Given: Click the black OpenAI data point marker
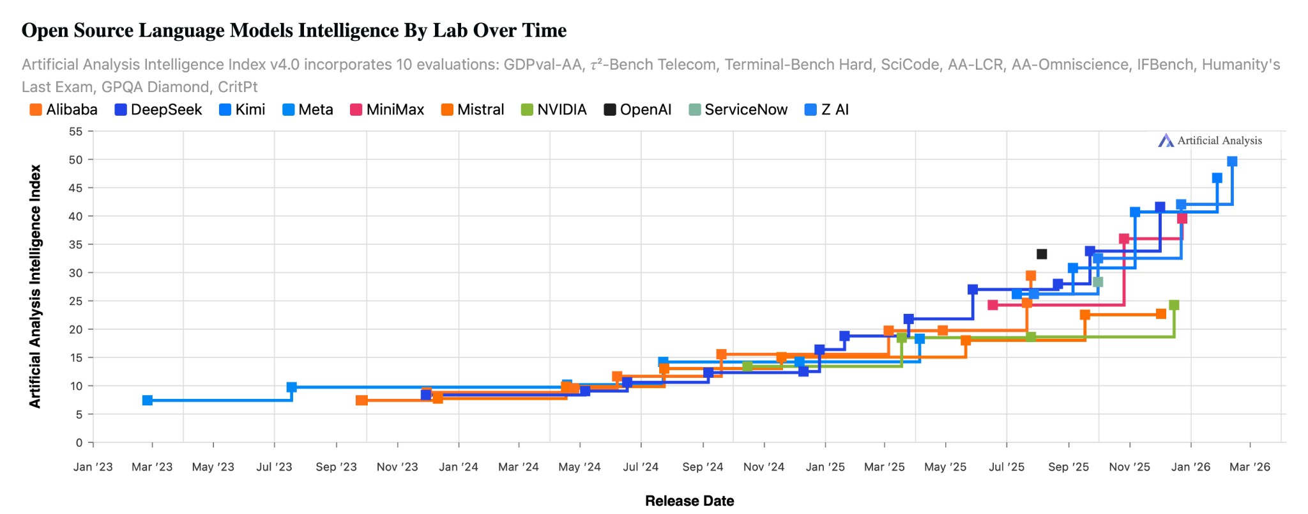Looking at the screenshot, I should pyautogui.click(x=1042, y=254).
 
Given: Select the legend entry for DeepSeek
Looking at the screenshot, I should pyautogui.click(x=158, y=110).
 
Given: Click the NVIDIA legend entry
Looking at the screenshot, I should pyautogui.click(x=554, y=110).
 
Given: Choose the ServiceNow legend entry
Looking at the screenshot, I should pyautogui.click(x=738, y=110).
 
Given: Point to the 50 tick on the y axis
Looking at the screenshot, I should pyautogui.click(x=76, y=160).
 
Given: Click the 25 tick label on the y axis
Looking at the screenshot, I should pyautogui.click(x=76, y=301).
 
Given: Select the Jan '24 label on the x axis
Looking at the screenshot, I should pyautogui.click(x=459, y=467).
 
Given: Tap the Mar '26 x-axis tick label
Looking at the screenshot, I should pyautogui.click(x=1250, y=467).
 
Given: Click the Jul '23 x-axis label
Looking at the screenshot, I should pyautogui.click(x=274, y=467).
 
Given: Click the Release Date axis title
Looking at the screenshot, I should pyautogui.click(x=689, y=501).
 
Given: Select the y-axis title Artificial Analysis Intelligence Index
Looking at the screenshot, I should pyautogui.click(x=35, y=286).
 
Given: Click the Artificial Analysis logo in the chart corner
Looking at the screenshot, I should pyautogui.click(x=1210, y=141).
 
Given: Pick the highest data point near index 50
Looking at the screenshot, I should pyautogui.click(x=1232, y=162).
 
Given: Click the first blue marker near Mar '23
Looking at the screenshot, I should pyautogui.click(x=148, y=400).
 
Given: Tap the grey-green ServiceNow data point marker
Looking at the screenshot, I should pyautogui.click(x=1098, y=282).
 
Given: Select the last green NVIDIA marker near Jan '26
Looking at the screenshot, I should pyautogui.click(x=1174, y=305).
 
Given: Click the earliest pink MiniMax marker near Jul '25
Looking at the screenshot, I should pyautogui.click(x=992, y=305).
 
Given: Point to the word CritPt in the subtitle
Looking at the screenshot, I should pyautogui.click(x=237, y=87).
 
